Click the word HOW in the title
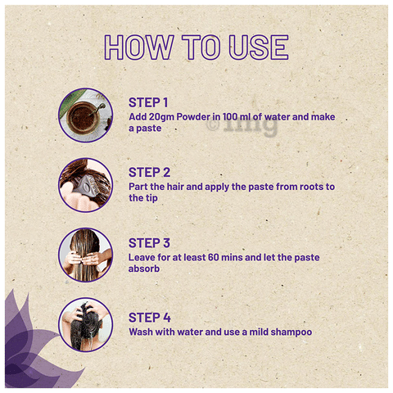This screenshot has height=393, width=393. pyautogui.click(x=139, y=47)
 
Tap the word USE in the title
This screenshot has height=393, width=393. pyautogui.click(x=259, y=47)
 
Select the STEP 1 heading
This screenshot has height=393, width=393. pyautogui.click(x=148, y=102)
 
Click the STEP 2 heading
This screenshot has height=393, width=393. pyautogui.click(x=149, y=173)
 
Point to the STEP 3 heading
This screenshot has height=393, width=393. pyautogui.click(x=149, y=243)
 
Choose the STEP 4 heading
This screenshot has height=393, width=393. pyautogui.click(x=150, y=318)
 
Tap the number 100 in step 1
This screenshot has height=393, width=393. pyautogui.click(x=231, y=117)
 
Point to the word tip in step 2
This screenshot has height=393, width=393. pyautogui.click(x=151, y=198)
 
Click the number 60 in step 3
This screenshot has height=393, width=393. pyautogui.click(x=214, y=257)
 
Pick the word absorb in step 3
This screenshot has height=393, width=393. pyautogui.click(x=144, y=269)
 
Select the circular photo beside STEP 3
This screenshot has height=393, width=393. pyautogui.click(x=85, y=255)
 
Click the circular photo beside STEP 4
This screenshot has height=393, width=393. pyautogui.click(x=85, y=325)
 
